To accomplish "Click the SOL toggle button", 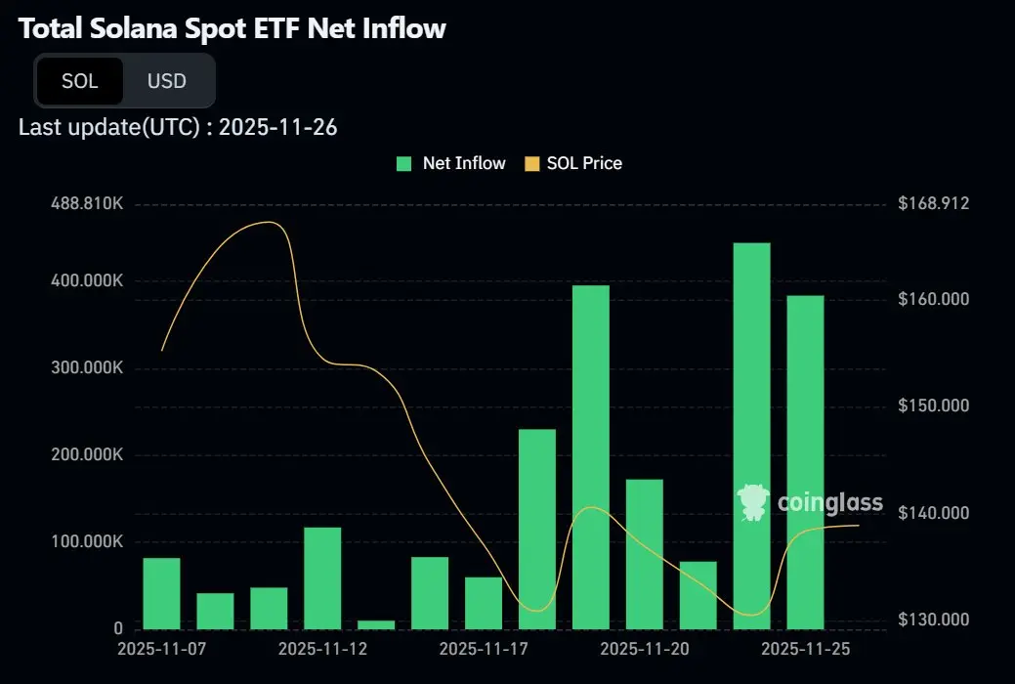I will [x=79, y=81].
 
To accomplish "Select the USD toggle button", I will [x=166, y=81].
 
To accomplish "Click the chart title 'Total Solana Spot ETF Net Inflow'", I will [x=233, y=28].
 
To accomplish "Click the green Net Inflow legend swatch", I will [x=403, y=163].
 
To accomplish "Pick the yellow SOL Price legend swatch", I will [x=532, y=163].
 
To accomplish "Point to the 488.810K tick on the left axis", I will [x=87, y=204].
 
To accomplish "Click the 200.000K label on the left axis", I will [x=87, y=454].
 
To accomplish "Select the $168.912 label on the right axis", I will [x=933, y=204].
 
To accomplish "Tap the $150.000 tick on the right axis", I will [x=933, y=406].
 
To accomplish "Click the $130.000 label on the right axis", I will [x=933, y=620].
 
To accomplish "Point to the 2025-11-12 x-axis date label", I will [x=322, y=648].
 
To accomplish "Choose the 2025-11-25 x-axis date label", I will [x=806, y=648].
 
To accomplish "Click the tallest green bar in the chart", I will [x=752, y=435].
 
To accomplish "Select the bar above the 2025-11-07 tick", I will [x=161, y=593].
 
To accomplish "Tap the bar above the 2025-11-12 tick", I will [x=322, y=577].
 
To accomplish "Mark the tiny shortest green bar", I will [x=376, y=624].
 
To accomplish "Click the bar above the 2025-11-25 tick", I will [x=806, y=461].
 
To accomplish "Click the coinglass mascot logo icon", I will [x=753, y=502].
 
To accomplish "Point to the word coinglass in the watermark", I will [x=830, y=503].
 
